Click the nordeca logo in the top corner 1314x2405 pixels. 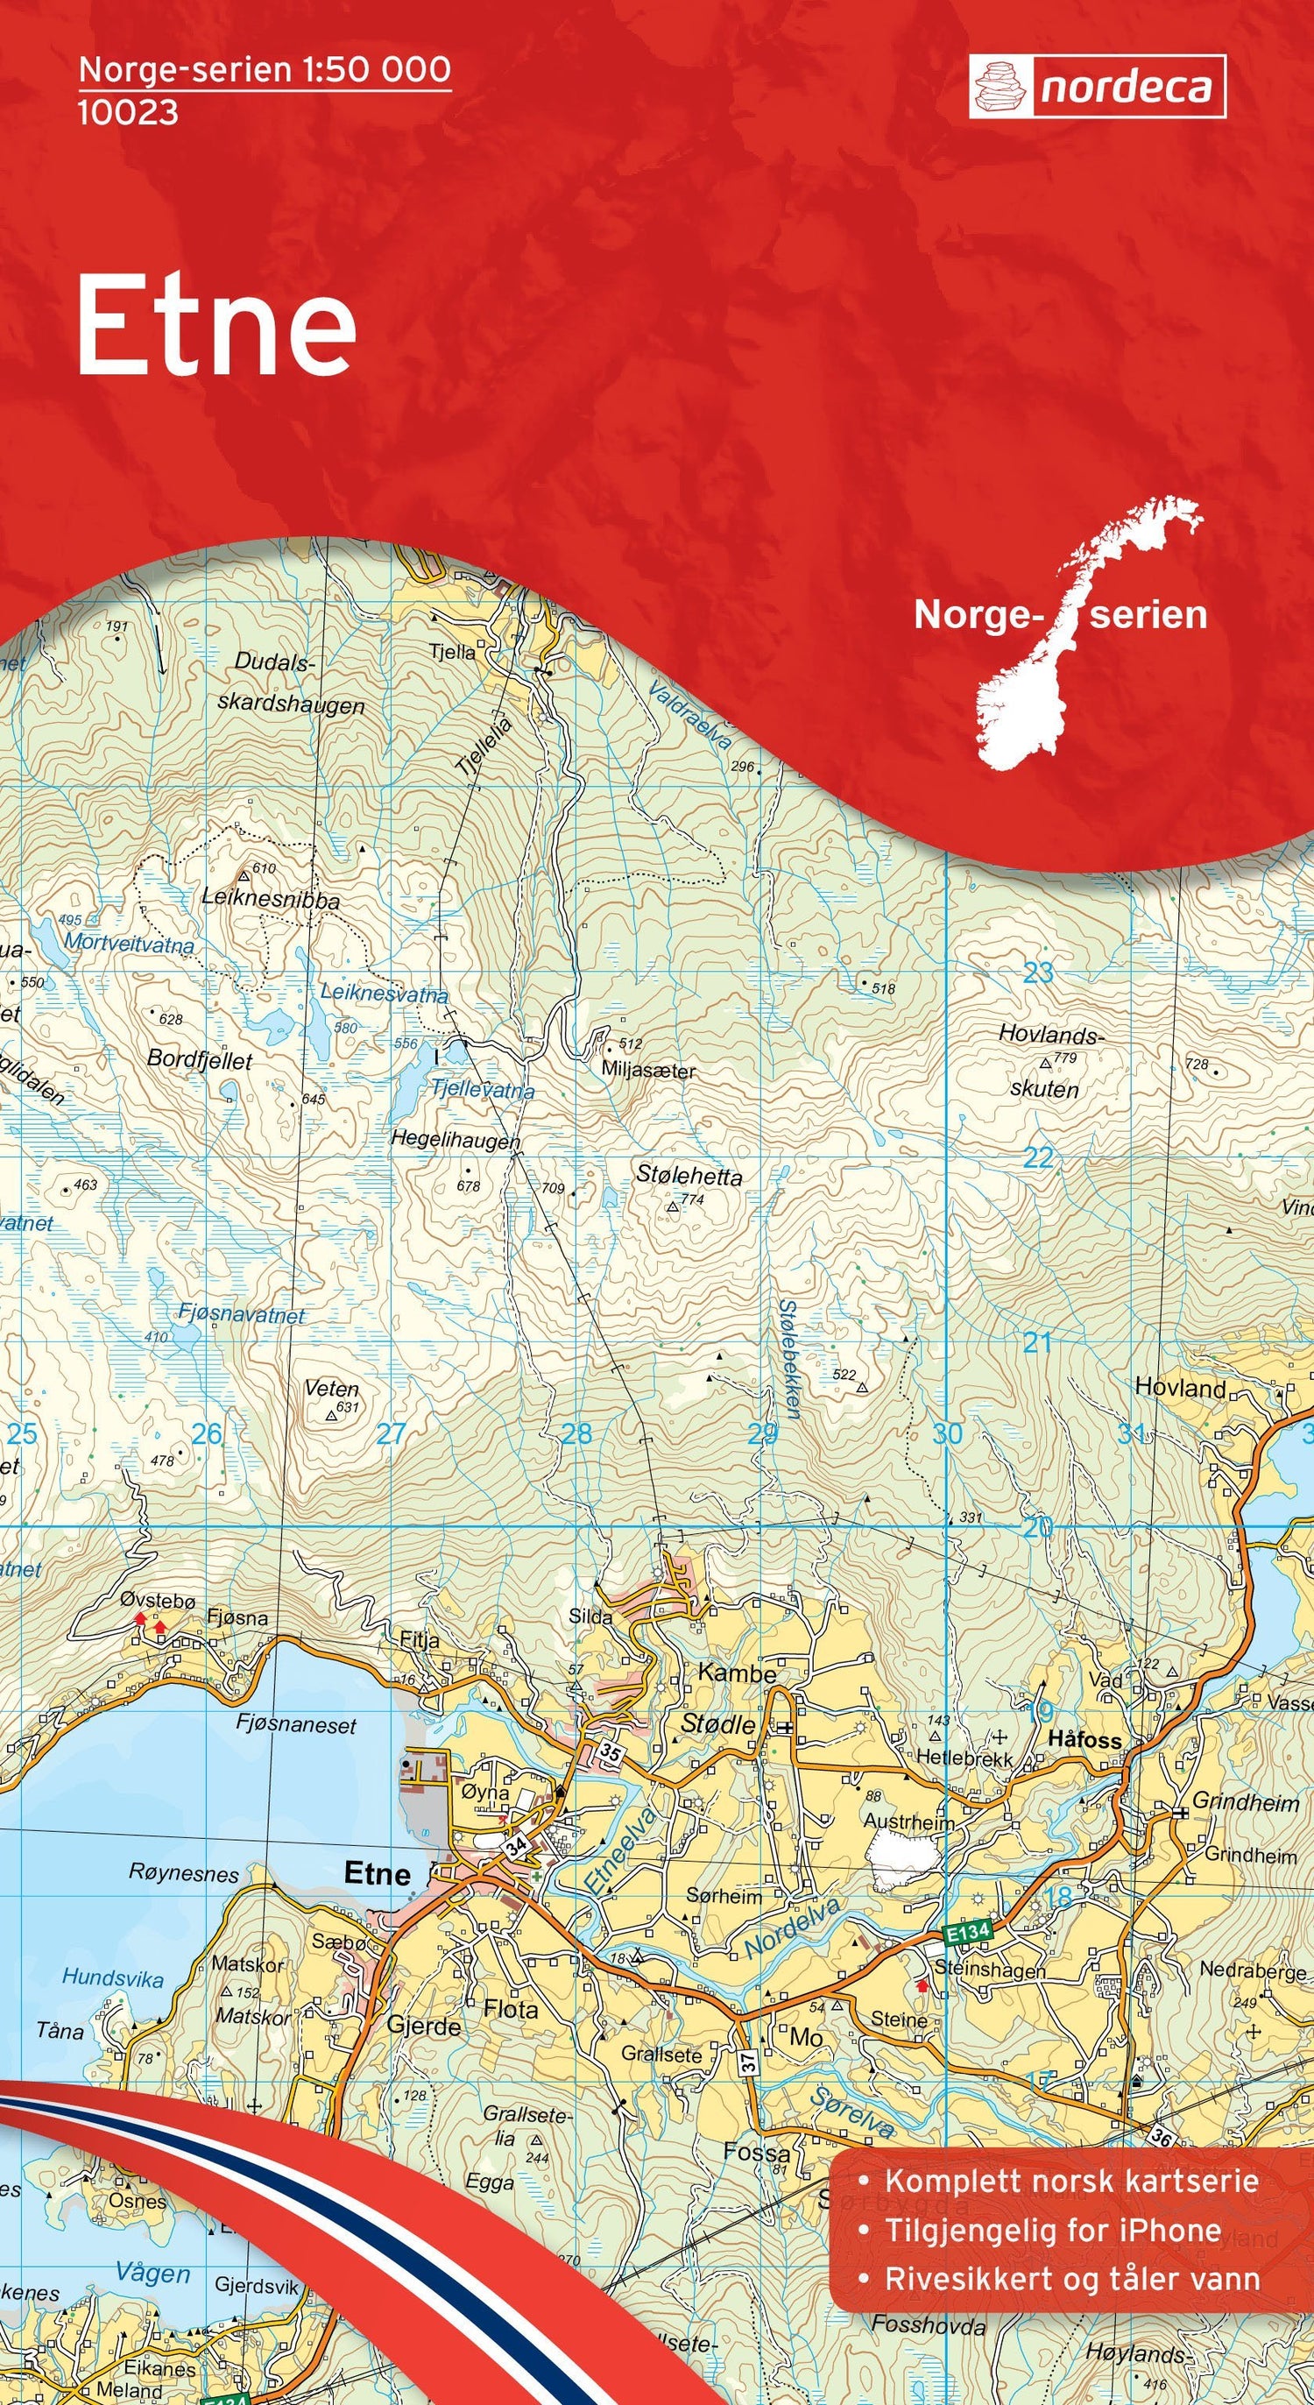1097,87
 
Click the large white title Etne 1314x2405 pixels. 216,326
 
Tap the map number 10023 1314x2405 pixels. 128,113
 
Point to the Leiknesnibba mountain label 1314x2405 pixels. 271,901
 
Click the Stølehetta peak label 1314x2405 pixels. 689,1176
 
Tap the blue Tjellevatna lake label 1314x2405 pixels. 483,1090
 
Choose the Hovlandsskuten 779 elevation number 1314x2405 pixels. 1065,1057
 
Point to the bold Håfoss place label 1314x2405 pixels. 1084,1739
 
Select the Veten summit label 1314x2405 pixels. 331,1390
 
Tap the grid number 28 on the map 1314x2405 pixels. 576,1433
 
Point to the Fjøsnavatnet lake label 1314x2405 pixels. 242,1314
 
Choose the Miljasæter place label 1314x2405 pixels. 648,1071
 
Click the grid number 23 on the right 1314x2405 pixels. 1038,973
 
